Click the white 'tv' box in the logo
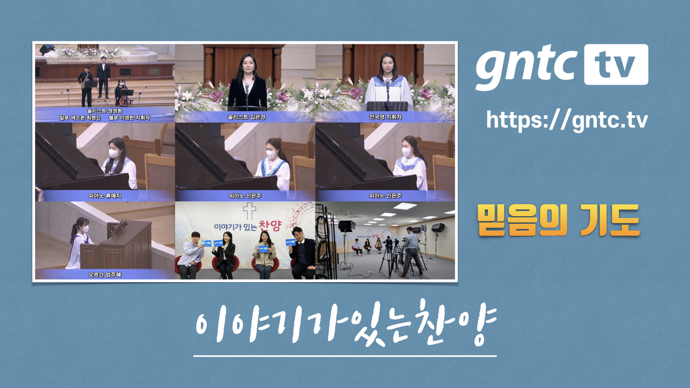point(616,65)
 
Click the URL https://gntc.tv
point(567,120)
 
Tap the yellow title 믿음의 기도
point(558,220)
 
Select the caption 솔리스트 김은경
point(246,117)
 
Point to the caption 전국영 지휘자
point(385,117)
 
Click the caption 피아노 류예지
point(105,196)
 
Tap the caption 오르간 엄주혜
point(105,275)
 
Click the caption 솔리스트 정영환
point(105,111)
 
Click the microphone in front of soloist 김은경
point(247,87)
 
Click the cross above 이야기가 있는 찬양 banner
point(249,211)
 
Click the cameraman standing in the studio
point(412,251)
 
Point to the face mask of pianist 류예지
point(114,154)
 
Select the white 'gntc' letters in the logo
point(526,66)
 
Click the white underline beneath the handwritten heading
point(345,356)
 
